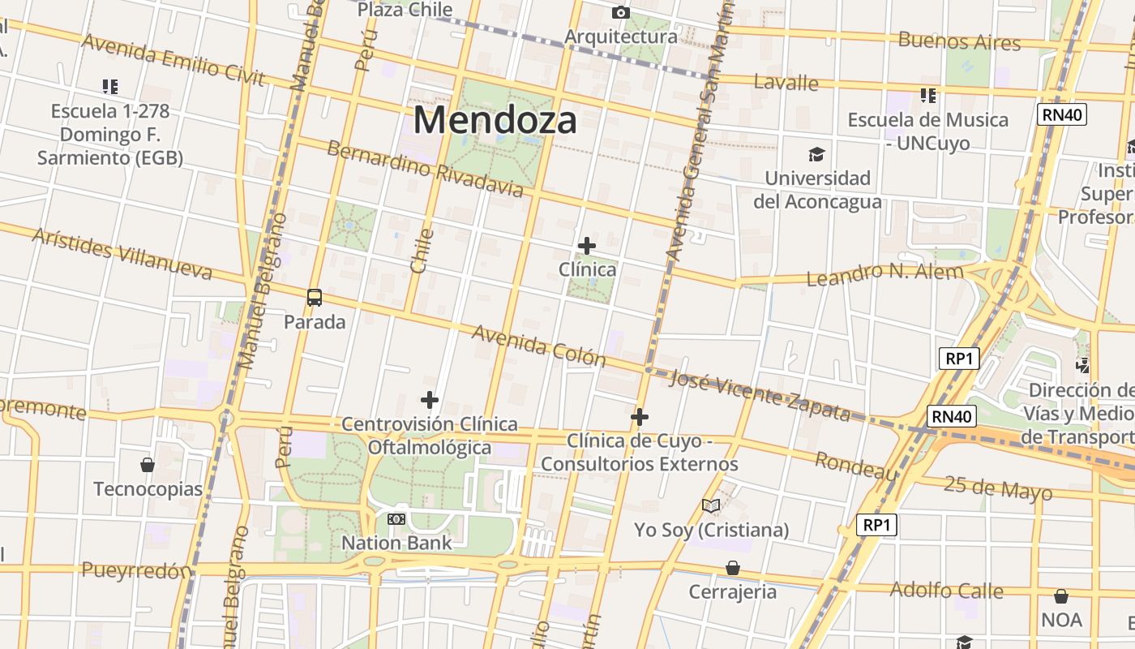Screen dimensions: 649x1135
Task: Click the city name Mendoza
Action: coord(495,120)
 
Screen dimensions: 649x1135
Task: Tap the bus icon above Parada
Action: coord(315,298)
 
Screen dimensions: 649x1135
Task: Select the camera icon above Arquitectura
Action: coord(621,12)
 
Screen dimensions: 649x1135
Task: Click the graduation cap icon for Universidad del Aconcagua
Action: coord(816,154)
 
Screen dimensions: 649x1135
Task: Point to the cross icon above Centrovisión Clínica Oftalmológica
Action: coord(430,400)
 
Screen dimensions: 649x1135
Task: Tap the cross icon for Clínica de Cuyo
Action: coord(640,417)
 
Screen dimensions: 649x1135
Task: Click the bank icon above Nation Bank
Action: coord(396,518)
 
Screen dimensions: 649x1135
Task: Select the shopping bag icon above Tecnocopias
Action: coord(148,465)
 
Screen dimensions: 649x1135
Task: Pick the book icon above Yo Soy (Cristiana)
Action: coord(711,506)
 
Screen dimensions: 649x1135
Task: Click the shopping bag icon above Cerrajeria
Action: coord(733,567)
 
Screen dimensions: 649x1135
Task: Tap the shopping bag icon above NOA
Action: coord(1061,596)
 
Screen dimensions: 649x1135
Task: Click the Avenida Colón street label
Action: coord(538,346)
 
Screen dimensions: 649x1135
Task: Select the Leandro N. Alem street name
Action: coord(884,274)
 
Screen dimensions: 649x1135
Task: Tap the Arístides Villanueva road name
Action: coord(122,253)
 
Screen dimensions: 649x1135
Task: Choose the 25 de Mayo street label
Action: coord(998,488)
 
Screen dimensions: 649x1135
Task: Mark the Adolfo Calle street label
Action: coord(946,590)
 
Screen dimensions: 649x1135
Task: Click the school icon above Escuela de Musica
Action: coord(928,96)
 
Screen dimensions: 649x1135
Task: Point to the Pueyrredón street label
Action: coord(136,570)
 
